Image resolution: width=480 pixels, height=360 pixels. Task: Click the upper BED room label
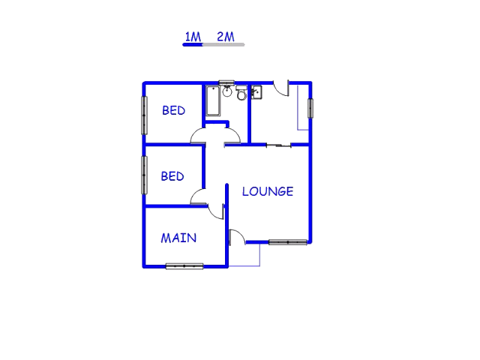(173, 110)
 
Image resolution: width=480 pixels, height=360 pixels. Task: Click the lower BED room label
(172, 176)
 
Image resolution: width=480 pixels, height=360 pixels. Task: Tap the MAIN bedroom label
(178, 238)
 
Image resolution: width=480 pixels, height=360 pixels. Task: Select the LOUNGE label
(268, 192)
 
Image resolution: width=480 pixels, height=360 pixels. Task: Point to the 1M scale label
(193, 37)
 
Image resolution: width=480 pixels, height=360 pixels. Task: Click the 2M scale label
(226, 37)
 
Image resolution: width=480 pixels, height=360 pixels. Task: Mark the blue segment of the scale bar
(193, 45)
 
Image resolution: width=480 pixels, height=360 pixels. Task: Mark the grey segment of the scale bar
(223, 45)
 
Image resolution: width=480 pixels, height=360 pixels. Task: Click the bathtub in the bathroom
(213, 101)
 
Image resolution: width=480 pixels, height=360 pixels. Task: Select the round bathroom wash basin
(227, 91)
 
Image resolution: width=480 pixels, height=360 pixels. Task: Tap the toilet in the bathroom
(241, 93)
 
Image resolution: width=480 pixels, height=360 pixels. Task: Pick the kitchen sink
(256, 92)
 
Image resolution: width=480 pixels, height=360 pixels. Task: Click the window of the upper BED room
(144, 115)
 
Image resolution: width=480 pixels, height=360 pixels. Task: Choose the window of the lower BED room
(144, 175)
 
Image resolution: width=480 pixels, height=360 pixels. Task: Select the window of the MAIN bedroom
(184, 266)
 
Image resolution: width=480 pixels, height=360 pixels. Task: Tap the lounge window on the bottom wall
(288, 242)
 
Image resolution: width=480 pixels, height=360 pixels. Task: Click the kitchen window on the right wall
(310, 108)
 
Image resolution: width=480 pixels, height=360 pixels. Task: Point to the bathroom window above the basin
(226, 82)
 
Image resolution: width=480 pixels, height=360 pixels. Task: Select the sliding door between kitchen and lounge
(278, 145)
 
